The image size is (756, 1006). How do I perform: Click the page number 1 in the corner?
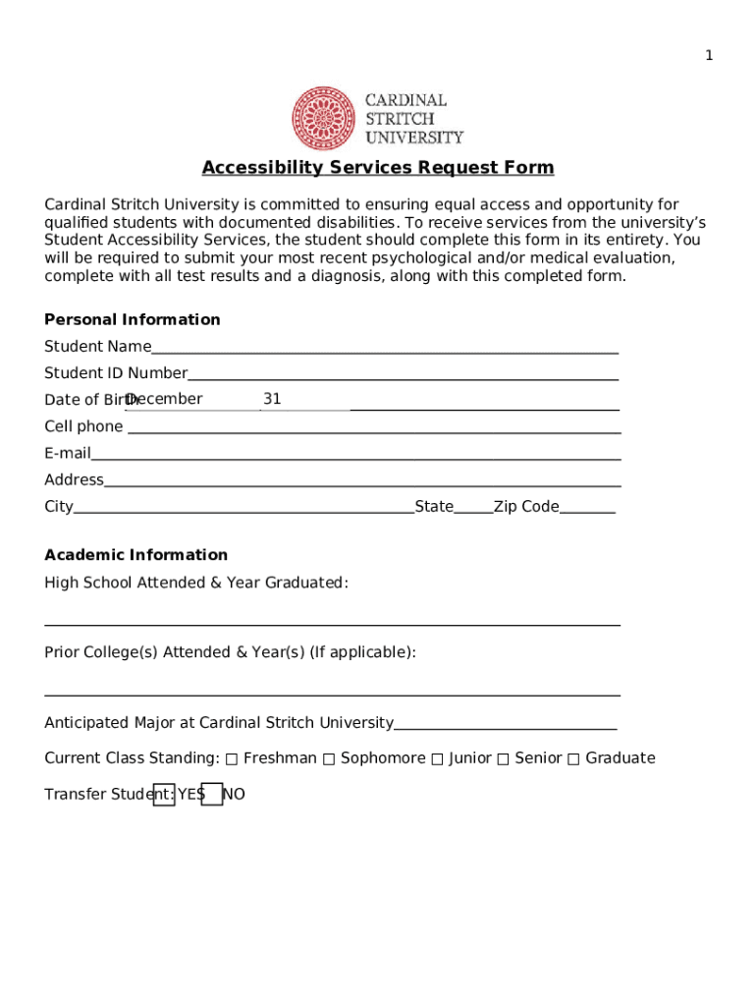709,56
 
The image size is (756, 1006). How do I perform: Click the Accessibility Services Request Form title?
378,168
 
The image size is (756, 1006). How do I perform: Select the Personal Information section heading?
133,319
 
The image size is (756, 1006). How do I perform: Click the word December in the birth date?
164,399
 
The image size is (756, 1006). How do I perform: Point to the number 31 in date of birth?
272,399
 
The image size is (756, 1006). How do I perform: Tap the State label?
434,507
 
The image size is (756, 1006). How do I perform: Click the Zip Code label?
526,507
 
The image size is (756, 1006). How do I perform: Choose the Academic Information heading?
135,555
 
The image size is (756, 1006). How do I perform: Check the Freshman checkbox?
232,758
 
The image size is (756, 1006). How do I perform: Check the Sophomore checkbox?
329,758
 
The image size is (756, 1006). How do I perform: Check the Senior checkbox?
503,758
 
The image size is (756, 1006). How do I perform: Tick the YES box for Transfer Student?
164,795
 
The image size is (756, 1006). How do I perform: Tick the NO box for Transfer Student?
212,795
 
